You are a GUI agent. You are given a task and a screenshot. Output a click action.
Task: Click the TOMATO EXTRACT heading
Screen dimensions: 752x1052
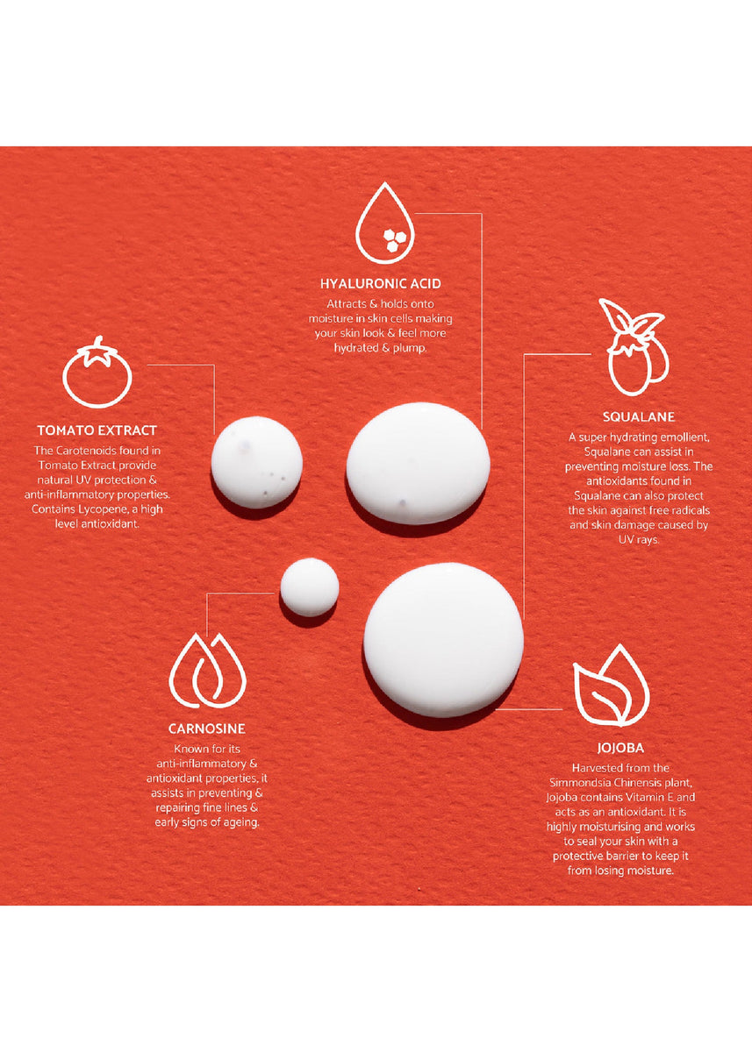pyautogui.click(x=97, y=430)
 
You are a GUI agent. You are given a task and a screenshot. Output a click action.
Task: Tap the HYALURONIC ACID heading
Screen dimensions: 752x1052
pyautogui.click(x=381, y=284)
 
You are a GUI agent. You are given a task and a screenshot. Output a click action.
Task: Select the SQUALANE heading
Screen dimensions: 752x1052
pyautogui.click(x=639, y=417)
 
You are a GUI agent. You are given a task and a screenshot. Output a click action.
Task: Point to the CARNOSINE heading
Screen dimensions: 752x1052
pyautogui.click(x=207, y=729)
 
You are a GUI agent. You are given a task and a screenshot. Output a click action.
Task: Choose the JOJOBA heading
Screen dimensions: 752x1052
pyautogui.click(x=620, y=748)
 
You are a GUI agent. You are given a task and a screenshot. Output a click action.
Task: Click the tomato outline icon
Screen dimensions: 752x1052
pyautogui.click(x=97, y=372)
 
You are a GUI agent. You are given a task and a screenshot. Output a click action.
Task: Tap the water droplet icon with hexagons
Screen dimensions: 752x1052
pyautogui.click(x=385, y=223)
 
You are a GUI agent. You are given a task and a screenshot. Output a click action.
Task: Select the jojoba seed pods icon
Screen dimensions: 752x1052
pyautogui.click(x=634, y=347)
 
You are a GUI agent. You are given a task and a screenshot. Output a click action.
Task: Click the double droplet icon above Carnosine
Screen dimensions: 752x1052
pyautogui.click(x=207, y=671)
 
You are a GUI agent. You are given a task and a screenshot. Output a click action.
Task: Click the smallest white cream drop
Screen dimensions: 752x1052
pyautogui.click(x=309, y=587)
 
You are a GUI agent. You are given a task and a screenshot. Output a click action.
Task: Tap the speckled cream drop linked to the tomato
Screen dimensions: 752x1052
pyautogui.click(x=256, y=462)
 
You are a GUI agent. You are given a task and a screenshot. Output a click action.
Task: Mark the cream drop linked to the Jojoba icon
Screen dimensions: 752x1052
pyautogui.click(x=443, y=640)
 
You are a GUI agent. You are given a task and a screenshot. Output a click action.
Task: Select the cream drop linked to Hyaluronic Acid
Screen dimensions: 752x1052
pyautogui.click(x=419, y=463)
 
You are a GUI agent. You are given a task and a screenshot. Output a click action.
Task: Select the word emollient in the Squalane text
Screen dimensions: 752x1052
pyautogui.click(x=685, y=437)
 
